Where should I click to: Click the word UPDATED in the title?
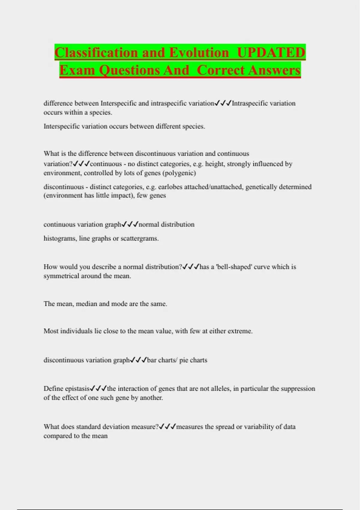pos(271,53)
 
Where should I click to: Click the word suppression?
pos(298,388)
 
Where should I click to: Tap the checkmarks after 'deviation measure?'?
pos(167,427)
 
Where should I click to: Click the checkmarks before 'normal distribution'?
pos(130,224)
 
